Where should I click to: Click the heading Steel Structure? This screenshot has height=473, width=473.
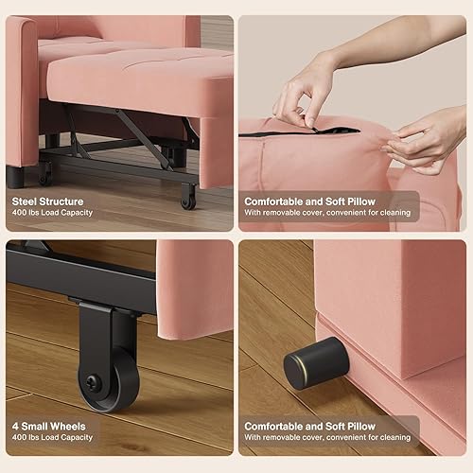pos(47,201)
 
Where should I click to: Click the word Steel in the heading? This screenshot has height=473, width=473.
pos(26,201)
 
